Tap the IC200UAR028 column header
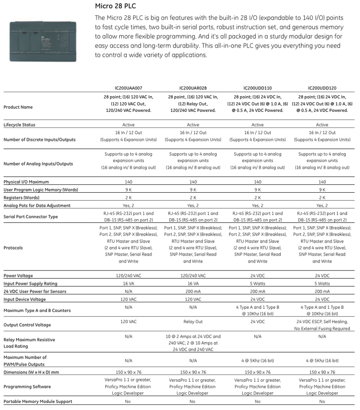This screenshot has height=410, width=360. [x=193, y=87]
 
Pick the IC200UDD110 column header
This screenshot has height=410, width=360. [x=257, y=87]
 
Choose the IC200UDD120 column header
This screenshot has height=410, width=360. [x=322, y=87]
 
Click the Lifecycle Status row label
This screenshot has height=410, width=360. [x=19, y=125]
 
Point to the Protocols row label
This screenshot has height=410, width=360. [x=13, y=248]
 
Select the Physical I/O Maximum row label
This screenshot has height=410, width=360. [x=26, y=182]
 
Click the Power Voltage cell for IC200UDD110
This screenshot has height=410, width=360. [x=257, y=276]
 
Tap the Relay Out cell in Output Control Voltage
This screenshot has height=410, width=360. [x=193, y=321]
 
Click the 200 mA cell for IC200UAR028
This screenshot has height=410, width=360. [x=193, y=292]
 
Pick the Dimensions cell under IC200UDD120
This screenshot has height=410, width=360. [x=322, y=372]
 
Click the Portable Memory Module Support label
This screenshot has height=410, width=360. [x=38, y=402]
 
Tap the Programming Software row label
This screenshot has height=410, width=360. [x=27, y=386]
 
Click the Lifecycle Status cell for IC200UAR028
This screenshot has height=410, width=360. [x=193, y=125]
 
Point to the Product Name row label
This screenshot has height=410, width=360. [x=18, y=107]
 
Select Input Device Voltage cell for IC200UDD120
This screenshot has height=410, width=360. [x=322, y=300]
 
